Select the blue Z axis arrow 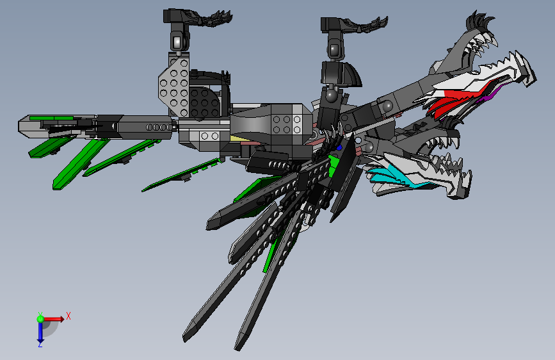click(40, 332)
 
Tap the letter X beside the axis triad click(68, 315)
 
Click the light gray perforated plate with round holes click(175, 84)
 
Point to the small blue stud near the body click(339, 147)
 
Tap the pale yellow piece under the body click(237, 139)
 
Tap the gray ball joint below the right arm click(331, 96)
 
